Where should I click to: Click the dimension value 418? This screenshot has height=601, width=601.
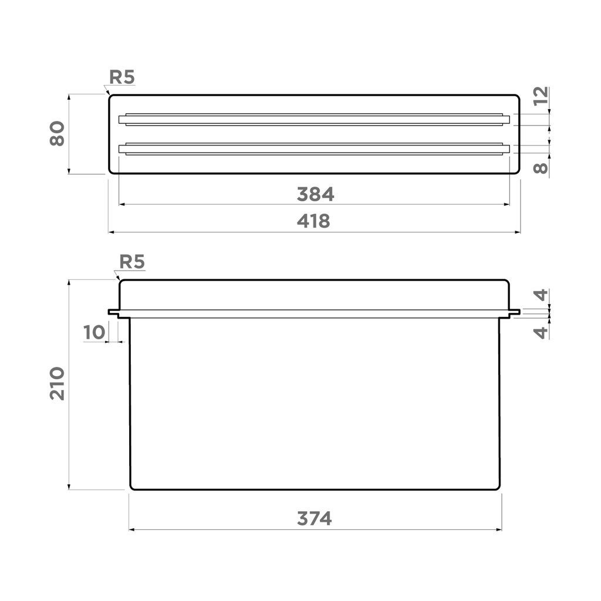313,221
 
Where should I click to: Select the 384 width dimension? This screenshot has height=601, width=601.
315,194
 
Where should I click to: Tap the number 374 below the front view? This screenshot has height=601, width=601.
314,519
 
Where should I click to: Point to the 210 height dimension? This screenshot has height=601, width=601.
57,383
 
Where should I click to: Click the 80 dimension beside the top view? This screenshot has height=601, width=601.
57,133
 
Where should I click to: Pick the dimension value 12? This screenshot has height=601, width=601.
541,96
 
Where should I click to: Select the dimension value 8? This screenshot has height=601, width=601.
541,168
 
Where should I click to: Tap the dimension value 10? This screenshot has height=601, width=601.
94,332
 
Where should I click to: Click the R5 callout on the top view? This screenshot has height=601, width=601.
122,77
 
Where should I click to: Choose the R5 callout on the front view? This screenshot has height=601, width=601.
131,262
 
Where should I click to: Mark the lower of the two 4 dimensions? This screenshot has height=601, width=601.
541,332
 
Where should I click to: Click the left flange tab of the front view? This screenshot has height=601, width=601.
113,313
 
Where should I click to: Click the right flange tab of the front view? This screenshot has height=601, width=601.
514,313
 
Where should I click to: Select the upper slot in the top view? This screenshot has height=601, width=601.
314,120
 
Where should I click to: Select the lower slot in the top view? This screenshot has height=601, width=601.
314,149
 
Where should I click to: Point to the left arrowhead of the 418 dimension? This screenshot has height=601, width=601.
111,232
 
